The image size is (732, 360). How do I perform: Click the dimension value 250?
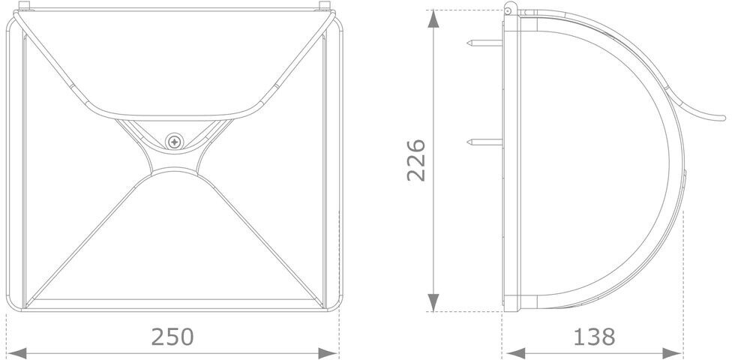click(172, 336)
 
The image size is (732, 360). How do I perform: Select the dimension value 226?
click(416, 160)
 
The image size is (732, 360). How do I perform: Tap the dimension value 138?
click(594, 336)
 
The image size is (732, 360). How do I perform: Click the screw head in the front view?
click(174, 141)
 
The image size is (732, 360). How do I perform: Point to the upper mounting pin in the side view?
click(484, 43)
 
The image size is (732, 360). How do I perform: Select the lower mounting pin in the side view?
click(484, 142)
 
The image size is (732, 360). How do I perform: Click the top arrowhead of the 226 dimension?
click(433, 19)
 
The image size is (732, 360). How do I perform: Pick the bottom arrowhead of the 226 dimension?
click(433, 302)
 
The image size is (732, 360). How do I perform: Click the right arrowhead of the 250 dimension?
click(328, 353)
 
